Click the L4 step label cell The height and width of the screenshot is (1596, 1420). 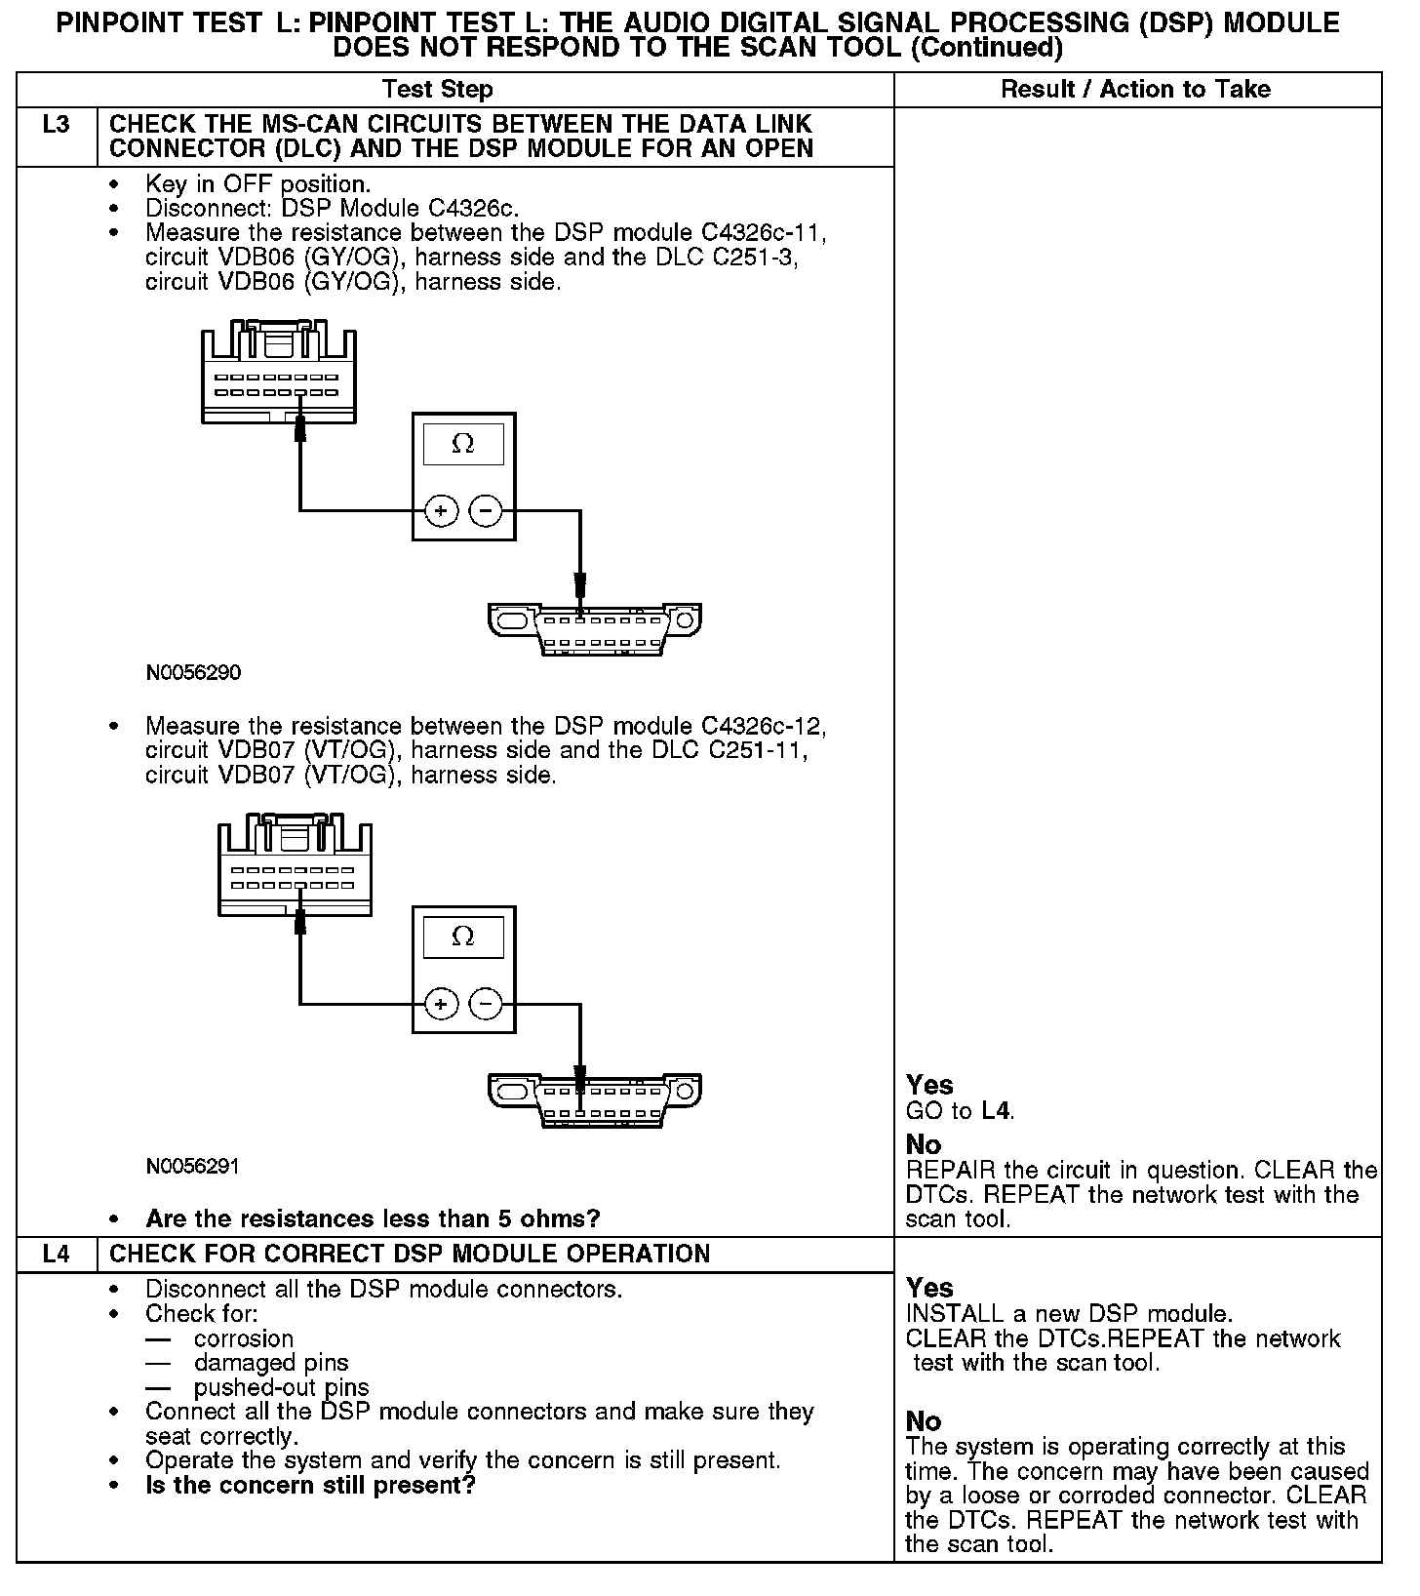tap(57, 1254)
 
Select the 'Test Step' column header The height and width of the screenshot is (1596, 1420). tap(438, 90)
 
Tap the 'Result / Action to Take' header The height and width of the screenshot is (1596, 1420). tap(1136, 90)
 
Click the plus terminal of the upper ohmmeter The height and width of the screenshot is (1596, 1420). tap(441, 510)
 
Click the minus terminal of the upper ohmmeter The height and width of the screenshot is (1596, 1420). tap(486, 510)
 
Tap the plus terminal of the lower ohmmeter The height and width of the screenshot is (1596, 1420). tap(441, 1004)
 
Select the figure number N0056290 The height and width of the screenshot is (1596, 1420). tap(193, 673)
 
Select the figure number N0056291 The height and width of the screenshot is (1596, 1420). tap(193, 1167)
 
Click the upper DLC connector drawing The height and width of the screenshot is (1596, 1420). tap(595, 628)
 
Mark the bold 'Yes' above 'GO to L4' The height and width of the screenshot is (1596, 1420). tap(929, 1085)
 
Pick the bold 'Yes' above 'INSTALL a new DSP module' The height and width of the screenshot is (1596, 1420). tap(929, 1288)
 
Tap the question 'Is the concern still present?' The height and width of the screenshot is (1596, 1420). tap(310, 1486)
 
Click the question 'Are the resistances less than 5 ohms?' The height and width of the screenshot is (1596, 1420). tap(373, 1218)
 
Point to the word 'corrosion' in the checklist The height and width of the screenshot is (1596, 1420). tap(244, 1338)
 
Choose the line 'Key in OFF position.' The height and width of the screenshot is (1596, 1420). tap(258, 183)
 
